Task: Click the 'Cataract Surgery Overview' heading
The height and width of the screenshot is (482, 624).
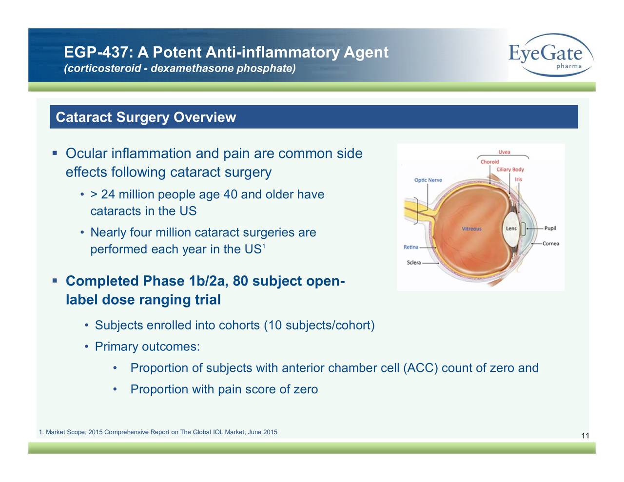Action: (146, 117)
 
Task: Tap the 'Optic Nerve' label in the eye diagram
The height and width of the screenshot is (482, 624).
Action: (428, 180)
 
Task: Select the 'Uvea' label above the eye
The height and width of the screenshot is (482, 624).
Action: (504, 152)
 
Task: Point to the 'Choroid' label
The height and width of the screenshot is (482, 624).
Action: (489, 162)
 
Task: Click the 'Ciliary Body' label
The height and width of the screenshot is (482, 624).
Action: (510, 170)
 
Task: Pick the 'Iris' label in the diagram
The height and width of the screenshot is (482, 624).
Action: (518, 179)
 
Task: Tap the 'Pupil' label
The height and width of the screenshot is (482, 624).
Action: (550, 228)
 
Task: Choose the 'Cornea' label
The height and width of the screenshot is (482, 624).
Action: (551, 244)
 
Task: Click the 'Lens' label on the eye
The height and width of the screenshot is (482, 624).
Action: (511, 229)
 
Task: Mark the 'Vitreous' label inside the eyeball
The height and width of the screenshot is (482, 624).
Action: (471, 229)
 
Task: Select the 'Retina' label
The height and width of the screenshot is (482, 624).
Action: (410, 247)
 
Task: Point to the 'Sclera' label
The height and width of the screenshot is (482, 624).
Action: (413, 263)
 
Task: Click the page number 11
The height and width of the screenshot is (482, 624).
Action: (585, 435)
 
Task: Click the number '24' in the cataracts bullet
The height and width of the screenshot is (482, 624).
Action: (108, 194)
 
